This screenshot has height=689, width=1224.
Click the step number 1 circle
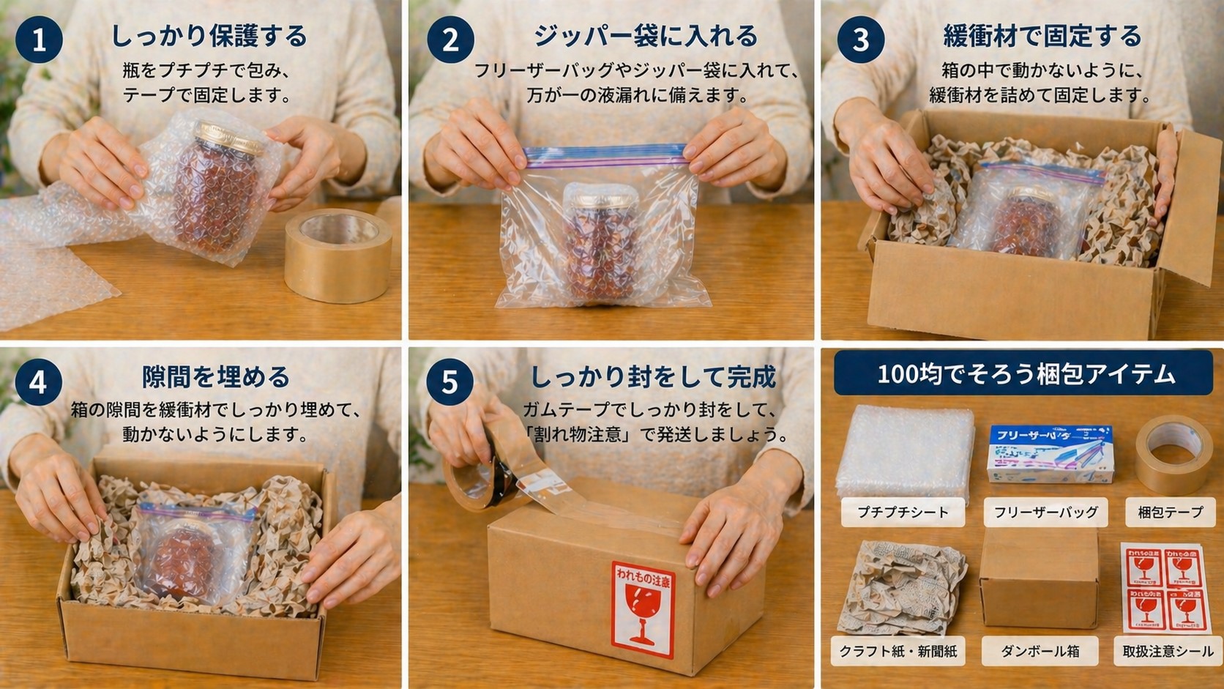point(38,40)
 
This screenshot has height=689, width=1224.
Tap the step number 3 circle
point(861,40)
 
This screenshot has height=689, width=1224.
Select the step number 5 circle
point(449,381)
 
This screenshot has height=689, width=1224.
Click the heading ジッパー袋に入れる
point(645,35)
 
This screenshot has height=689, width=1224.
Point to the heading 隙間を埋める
point(216,376)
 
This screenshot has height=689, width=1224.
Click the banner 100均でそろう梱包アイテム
point(1025,374)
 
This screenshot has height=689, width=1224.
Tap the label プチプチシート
point(902,512)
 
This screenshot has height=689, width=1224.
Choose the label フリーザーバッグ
point(1045,512)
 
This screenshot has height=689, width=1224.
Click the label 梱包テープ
point(1169,512)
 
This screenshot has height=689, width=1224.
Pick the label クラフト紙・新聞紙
point(898,651)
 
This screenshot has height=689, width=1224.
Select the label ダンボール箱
point(1040,651)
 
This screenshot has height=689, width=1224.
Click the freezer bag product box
point(1050,454)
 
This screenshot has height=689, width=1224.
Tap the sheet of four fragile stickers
point(1163,587)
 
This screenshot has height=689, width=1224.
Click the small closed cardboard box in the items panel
point(1039,578)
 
